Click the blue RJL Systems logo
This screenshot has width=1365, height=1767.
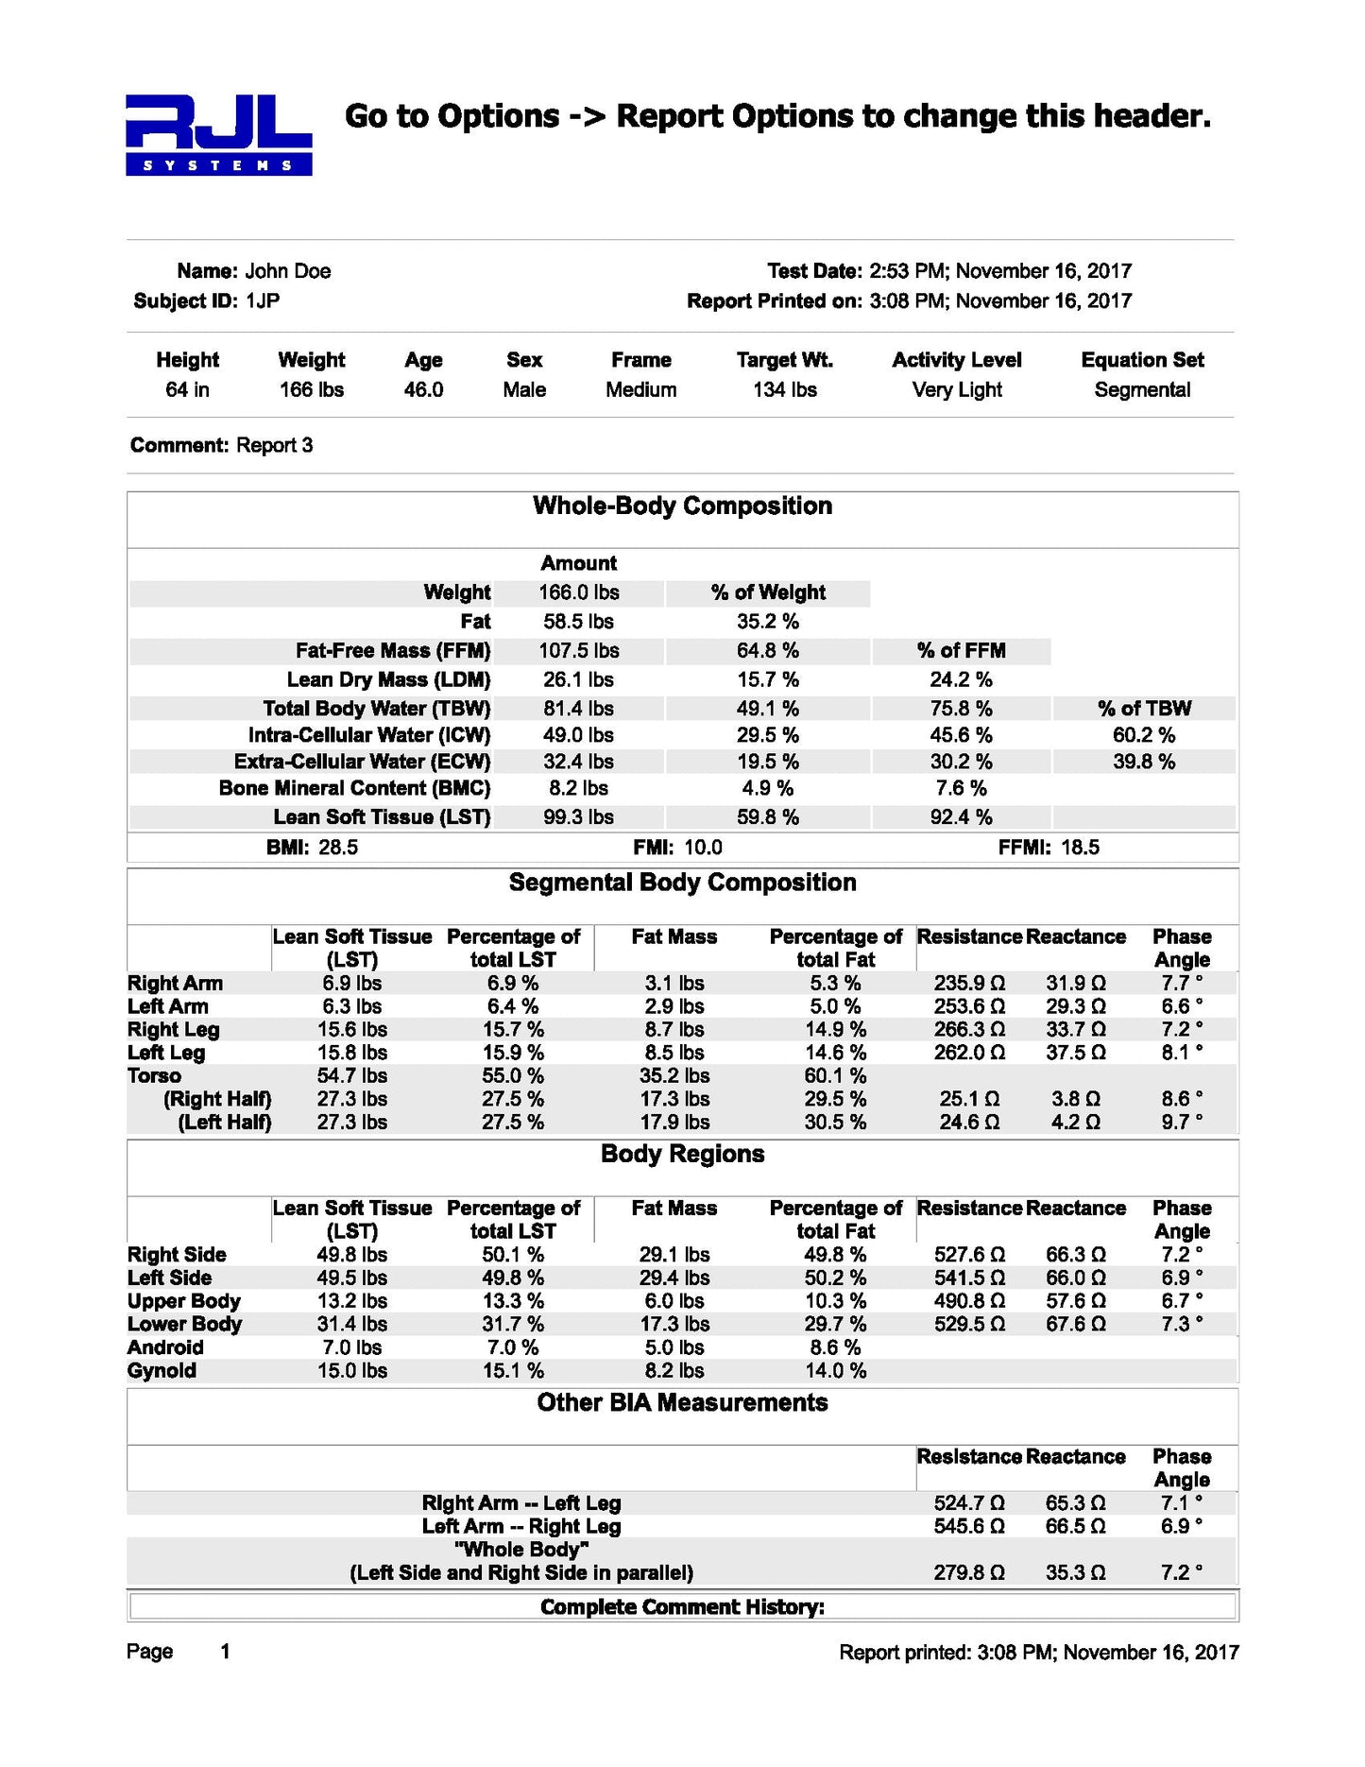[x=218, y=135]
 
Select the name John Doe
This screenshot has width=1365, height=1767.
[x=287, y=271]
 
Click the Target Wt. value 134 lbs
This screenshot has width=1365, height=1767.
[x=784, y=390]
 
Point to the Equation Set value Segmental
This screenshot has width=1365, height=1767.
[x=1142, y=390]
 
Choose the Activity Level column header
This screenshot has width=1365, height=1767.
[x=956, y=360]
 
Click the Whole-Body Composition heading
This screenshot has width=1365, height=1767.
[x=682, y=506]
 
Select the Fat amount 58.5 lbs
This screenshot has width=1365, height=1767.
[x=578, y=622]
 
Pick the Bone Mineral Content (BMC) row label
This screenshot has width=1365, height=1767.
[x=354, y=788]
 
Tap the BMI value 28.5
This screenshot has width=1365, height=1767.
[x=338, y=848]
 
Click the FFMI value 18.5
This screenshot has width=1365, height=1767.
[x=1080, y=848]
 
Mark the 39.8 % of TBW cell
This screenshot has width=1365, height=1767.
[x=1143, y=762]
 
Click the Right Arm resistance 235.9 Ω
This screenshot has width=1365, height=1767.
[x=969, y=984]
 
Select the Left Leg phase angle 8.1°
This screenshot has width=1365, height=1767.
[x=1182, y=1053]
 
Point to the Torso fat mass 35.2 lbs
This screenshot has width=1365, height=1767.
[x=674, y=1076]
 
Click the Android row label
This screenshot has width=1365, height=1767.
[x=165, y=1347]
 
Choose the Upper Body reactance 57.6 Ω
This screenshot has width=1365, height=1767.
[x=1075, y=1301]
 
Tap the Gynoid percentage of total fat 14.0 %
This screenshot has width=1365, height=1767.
[x=837, y=1371]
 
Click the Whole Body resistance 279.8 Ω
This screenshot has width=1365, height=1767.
[x=969, y=1573]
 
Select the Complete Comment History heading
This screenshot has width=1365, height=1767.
[x=682, y=1607]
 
